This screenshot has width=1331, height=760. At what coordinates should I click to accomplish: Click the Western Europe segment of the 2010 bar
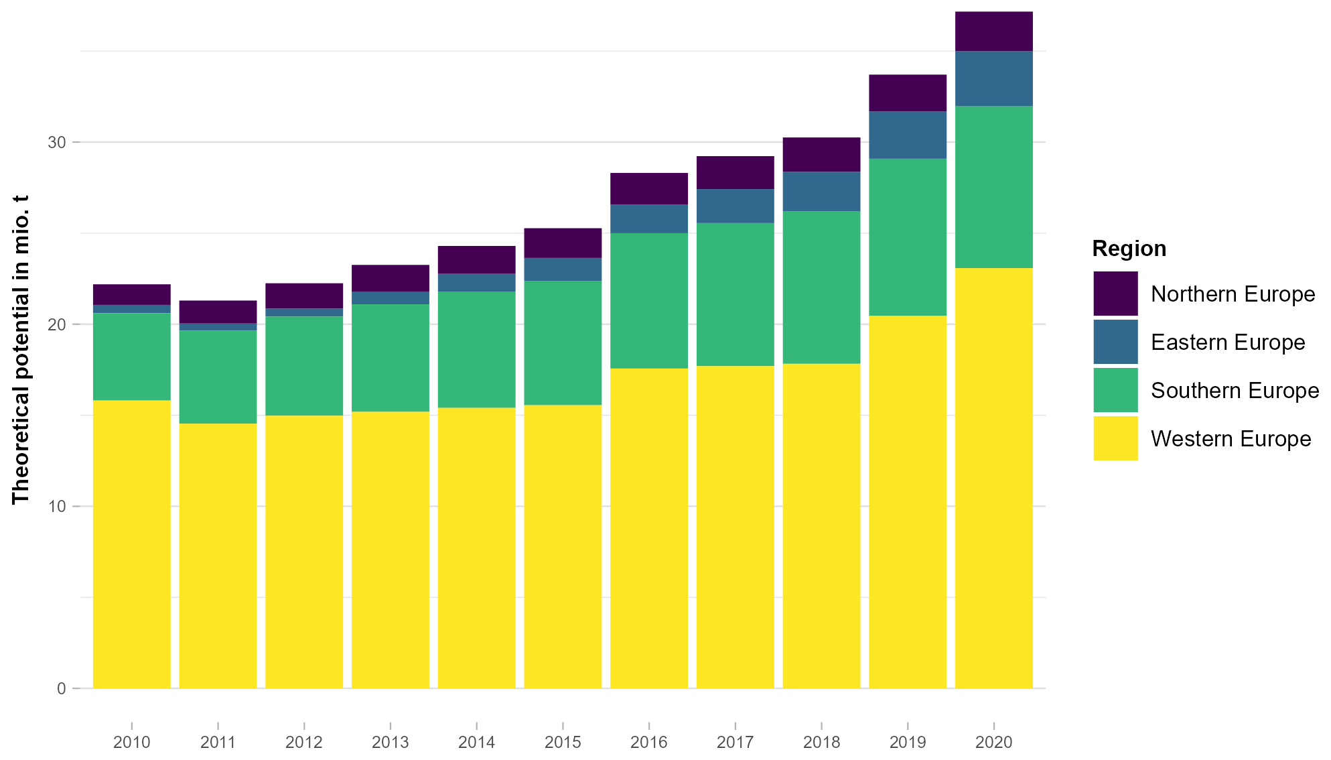pyautogui.click(x=131, y=544)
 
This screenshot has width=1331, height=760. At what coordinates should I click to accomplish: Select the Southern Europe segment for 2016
pyautogui.click(x=648, y=300)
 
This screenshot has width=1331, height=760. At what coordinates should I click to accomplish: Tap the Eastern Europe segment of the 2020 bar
pyautogui.click(x=993, y=78)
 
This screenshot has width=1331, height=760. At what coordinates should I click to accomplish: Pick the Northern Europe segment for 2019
pyautogui.click(x=907, y=93)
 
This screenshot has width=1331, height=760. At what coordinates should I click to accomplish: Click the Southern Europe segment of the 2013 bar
pyautogui.click(x=390, y=358)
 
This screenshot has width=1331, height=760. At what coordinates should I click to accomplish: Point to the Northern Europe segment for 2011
pyautogui.click(x=218, y=312)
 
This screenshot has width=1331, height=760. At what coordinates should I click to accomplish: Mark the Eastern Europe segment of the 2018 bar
pyautogui.click(x=821, y=192)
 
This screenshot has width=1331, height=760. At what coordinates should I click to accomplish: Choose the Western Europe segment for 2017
pyautogui.click(x=735, y=527)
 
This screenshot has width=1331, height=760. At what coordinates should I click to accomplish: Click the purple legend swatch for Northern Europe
pyautogui.click(x=1115, y=294)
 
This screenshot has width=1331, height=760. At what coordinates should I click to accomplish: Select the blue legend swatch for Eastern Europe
pyautogui.click(x=1115, y=342)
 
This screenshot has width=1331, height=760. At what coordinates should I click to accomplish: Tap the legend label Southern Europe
pyautogui.click(x=1235, y=391)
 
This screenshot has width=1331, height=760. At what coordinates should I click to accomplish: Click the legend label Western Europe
pyautogui.click(x=1231, y=439)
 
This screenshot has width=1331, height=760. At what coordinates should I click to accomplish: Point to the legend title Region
pyautogui.click(x=1129, y=249)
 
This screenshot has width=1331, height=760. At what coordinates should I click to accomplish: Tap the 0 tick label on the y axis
pyautogui.click(x=61, y=689)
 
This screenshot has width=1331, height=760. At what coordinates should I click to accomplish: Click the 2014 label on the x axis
pyautogui.click(x=476, y=743)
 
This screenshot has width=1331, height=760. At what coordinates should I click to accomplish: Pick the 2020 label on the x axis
pyautogui.click(x=993, y=743)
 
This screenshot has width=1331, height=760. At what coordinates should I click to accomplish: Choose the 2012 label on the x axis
pyautogui.click(x=304, y=743)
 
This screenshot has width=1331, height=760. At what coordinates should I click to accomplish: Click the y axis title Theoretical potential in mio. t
pyautogui.click(x=21, y=349)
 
